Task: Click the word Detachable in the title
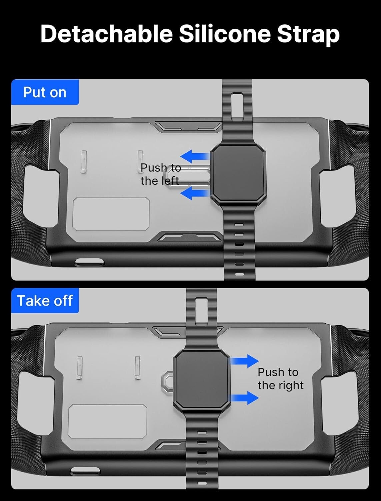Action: (106, 34)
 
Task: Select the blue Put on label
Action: (45, 92)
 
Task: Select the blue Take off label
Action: (45, 301)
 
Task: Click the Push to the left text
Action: (161, 174)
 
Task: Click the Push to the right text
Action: (280, 378)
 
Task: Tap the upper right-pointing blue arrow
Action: (245, 361)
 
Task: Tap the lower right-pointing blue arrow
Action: (245, 398)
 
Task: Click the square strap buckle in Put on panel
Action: (238, 174)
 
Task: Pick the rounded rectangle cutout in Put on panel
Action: (111, 214)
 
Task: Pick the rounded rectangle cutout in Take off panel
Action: (107, 422)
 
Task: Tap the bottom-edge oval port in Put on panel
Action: (88, 262)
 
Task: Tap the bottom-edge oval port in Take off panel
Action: (86, 470)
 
